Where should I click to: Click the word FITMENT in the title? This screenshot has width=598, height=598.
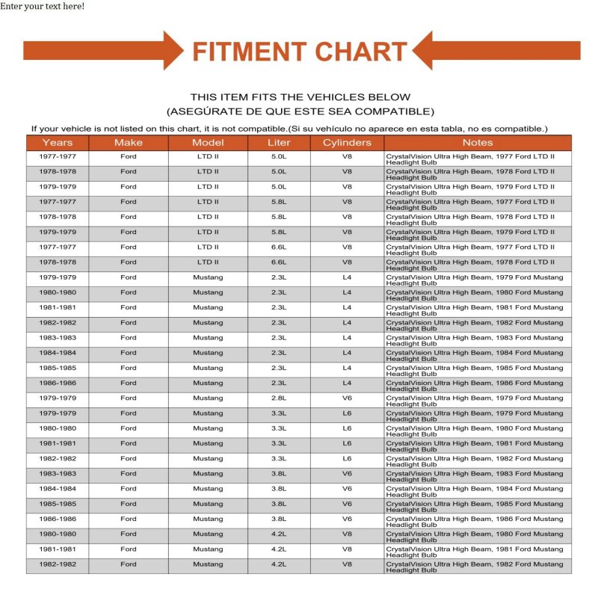point(249,52)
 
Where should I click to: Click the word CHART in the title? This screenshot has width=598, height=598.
point(360,52)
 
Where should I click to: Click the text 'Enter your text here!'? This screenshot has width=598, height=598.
point(42,6)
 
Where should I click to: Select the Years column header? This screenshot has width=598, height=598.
point(58,142)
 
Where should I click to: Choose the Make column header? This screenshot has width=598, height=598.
point(129,142)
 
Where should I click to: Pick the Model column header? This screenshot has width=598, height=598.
point(208,142)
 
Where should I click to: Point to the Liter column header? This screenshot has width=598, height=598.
point(279,142)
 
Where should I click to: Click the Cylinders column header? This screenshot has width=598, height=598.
point(347,142)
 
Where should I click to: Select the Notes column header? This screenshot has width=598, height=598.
point(478,142)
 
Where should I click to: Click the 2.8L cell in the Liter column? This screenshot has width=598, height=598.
point(279,398)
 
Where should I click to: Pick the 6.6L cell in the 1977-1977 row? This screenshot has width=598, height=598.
point(279,247)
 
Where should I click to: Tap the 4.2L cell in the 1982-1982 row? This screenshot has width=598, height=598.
point(279,564)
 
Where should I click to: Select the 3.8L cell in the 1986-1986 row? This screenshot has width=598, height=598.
point(279,519)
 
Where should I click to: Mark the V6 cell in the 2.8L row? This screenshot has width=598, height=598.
point(347,398)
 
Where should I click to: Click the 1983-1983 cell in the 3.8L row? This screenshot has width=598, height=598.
point(58,474)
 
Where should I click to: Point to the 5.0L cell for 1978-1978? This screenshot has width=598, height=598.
point(279,172)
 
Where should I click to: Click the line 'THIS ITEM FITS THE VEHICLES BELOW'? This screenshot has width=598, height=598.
point(300,97)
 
